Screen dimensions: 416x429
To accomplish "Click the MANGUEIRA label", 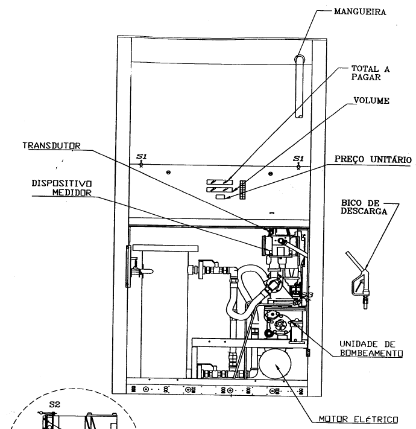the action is (x=360, y=11).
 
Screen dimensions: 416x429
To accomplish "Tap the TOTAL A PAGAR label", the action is (x=370, y=73).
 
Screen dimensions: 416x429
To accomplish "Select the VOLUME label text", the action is (x=371, y=101).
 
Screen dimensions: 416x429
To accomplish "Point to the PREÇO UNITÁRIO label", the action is (x=373, y=159).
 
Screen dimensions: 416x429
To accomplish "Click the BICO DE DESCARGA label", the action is (x=364, y=207).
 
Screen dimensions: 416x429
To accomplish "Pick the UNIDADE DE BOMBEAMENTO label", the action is (x=371, y=348).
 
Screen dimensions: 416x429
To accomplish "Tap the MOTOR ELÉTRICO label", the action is (x=358, y=419).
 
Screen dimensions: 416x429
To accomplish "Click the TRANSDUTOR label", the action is (x=51, y=145).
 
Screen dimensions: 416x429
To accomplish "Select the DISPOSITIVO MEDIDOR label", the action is (x=61, y=188).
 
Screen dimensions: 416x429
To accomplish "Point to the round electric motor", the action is (x=275, y=364).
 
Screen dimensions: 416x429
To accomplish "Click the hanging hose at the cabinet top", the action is (x=299, y=87).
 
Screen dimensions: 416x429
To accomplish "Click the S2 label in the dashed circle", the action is (x=55, y=404).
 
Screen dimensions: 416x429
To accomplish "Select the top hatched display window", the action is (x=219, y=182).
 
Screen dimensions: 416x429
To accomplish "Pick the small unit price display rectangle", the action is (x=221, y=197).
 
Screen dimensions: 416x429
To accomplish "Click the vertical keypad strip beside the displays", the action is (x=242, y=189).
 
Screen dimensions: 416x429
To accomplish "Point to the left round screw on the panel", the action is (x=168, y=173).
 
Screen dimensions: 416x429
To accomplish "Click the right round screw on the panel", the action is (x=270, y=174).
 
